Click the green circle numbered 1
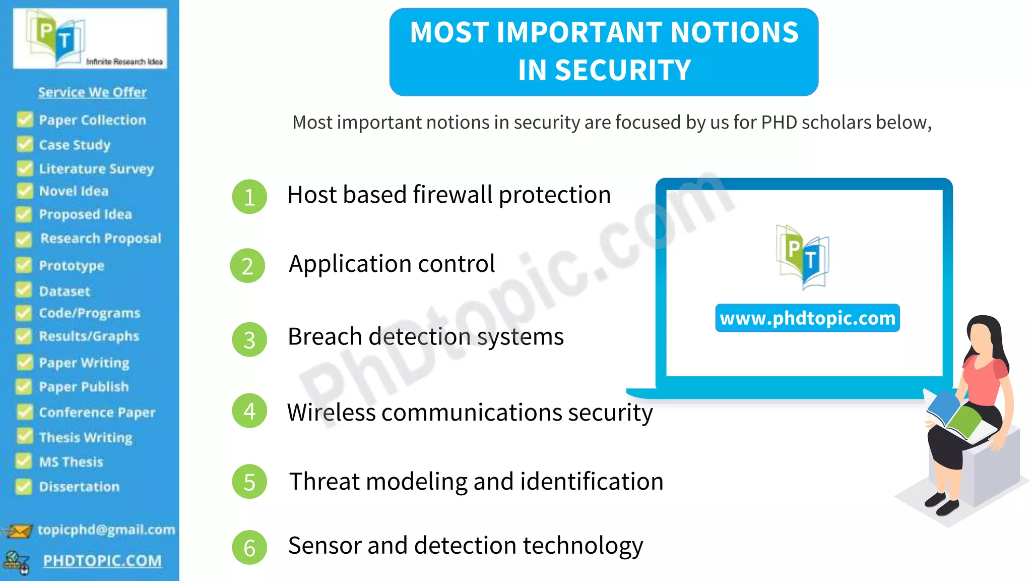point(249,197)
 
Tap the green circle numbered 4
point(249,411)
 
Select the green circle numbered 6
point(249,548)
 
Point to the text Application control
point(392,264)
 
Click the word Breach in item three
point(325,336)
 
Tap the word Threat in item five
point(325,481)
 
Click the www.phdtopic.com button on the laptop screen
point(807,318)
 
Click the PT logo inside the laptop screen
point(802,256)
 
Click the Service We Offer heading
point(92,92)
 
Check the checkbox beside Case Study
point(24,144)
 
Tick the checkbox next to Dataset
point(24,290)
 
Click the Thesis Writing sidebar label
point(86,437)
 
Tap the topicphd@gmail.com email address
point(106,530)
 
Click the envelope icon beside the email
point(18,531)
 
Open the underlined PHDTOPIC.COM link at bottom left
point(102,561)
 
